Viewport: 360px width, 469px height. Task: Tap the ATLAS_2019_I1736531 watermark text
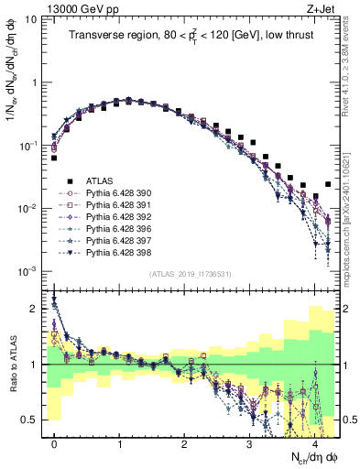[x=191, y=274]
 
